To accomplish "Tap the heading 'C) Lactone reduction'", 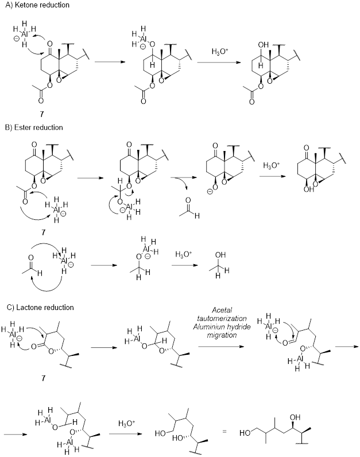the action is pos(38,307).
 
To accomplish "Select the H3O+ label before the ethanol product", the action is pos(181,253).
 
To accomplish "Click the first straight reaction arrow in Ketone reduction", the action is pos(109,63).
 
